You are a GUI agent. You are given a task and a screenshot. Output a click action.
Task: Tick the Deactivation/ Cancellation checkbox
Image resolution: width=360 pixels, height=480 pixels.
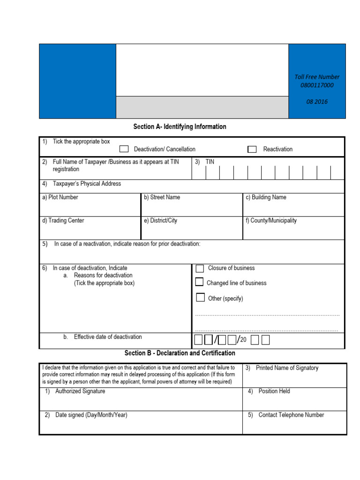pos(124,149)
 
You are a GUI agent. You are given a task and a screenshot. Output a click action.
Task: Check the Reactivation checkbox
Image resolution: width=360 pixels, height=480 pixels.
pos(252,150)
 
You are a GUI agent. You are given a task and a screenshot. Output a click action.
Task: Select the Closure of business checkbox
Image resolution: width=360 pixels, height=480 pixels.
pos(200,269)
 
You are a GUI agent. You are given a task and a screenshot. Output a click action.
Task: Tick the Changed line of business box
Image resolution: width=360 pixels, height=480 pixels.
pos(200,282)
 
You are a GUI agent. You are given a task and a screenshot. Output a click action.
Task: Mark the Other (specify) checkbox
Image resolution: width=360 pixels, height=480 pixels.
pos(201,298)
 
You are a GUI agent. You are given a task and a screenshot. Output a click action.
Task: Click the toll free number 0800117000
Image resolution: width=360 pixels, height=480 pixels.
pos(317,85)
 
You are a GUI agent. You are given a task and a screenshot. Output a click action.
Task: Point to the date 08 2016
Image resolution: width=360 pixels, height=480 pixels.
pos(317,102)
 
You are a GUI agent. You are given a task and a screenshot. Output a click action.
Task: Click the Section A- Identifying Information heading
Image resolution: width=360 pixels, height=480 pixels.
pos(180,127)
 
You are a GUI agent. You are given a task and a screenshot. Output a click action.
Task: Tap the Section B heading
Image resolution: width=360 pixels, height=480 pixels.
pos(180,353)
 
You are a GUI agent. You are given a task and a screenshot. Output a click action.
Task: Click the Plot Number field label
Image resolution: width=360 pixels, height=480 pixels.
pos(60,197)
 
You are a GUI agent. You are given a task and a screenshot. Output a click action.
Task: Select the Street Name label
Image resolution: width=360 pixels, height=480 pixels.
pos(162,197)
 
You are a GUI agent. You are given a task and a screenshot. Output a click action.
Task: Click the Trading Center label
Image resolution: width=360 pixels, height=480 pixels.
pos(63,220)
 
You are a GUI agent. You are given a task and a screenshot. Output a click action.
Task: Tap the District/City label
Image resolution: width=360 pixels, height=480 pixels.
pos(160,220)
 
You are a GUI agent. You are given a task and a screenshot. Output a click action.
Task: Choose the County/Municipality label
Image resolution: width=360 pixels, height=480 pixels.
pos(270,220)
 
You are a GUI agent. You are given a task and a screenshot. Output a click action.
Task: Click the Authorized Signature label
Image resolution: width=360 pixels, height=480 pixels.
pos(80,391)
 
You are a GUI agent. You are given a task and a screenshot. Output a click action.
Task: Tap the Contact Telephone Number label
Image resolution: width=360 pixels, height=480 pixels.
pos(291,415)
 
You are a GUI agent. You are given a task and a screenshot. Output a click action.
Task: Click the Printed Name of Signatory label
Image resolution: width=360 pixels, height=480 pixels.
pos(287,368)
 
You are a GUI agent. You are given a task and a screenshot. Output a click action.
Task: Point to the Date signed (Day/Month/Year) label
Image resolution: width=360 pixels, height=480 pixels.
pos(91,415)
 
